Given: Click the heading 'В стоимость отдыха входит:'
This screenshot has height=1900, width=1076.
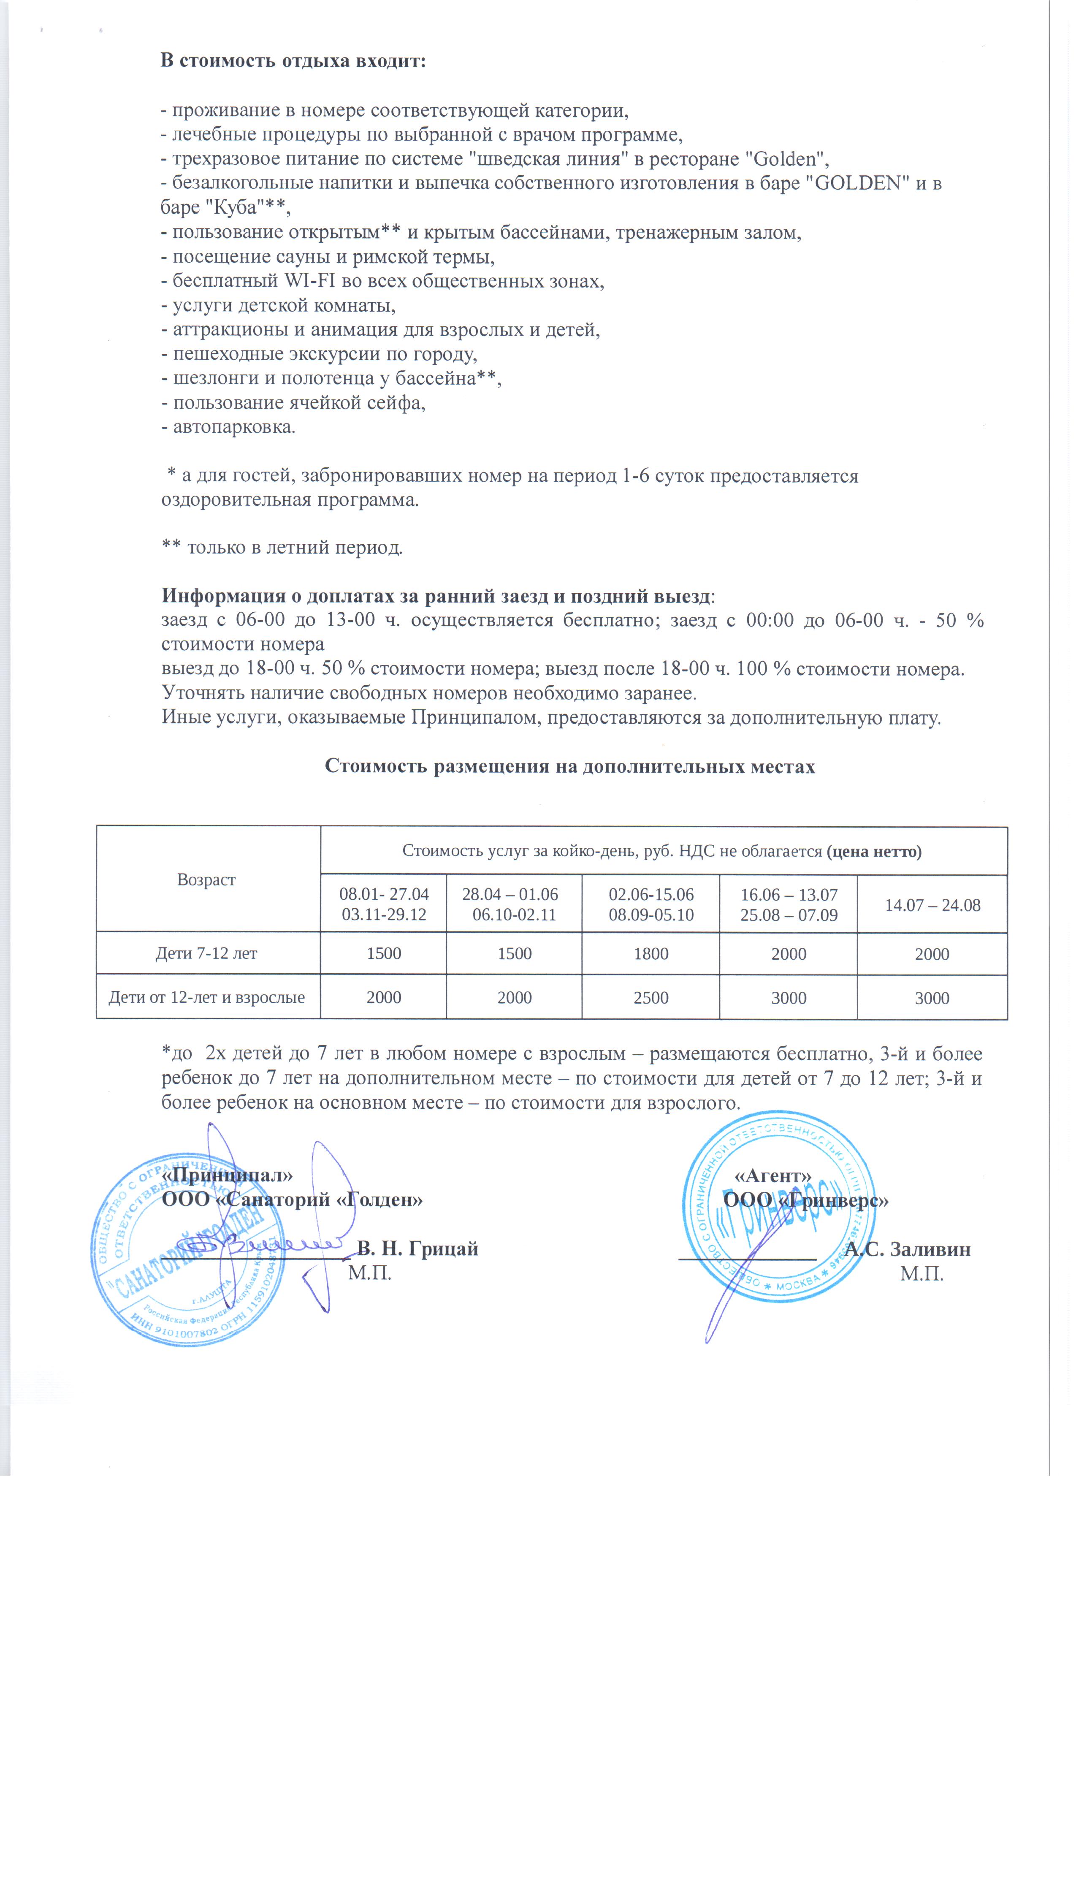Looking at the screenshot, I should tap(293, 61).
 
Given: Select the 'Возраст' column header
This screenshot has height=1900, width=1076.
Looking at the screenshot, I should tap(206, 879).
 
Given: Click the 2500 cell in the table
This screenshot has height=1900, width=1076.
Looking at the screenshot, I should tap(650, 998).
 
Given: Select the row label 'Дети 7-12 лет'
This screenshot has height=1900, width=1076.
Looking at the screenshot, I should tap(206, 953).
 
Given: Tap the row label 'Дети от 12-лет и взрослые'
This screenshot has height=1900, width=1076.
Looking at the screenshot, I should tap(206, 998).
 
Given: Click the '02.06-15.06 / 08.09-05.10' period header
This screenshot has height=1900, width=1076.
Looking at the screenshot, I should tap(650, 904).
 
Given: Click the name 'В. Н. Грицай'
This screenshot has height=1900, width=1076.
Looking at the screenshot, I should tap(417, 1249).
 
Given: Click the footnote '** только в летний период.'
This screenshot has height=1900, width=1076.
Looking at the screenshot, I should tap(282, 548).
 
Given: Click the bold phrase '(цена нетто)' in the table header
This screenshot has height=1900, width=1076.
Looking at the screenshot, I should tap(874, 851).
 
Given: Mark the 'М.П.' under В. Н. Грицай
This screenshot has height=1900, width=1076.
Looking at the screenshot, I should tap(369, 1273).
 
